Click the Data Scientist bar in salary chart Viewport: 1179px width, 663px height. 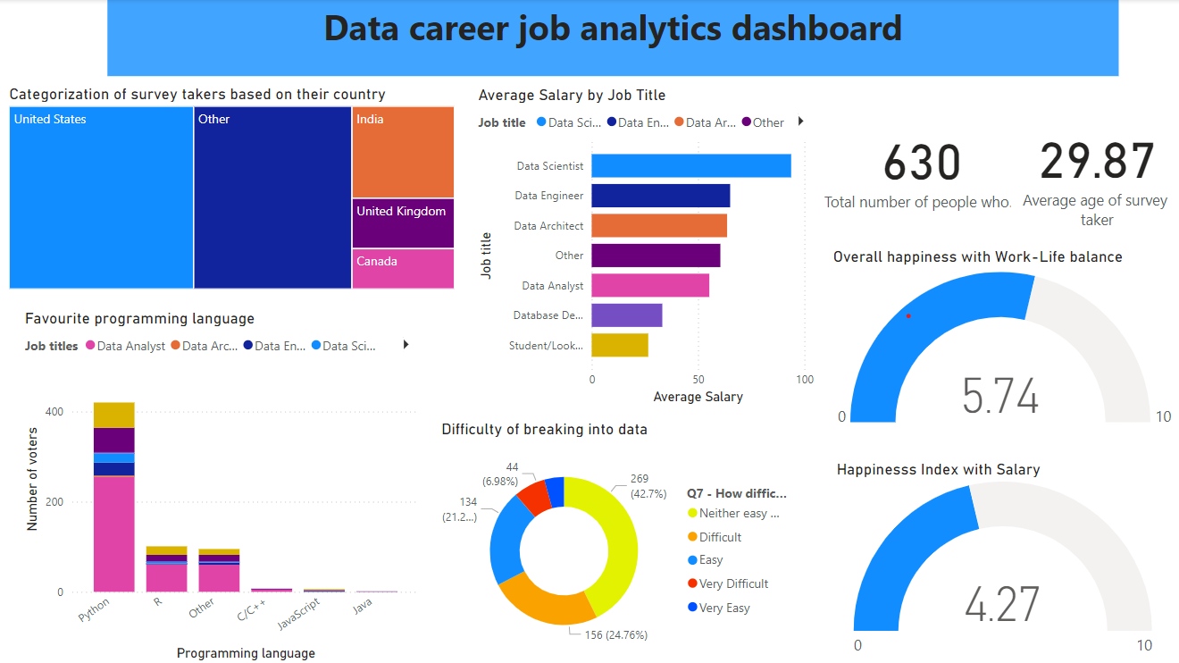pos(690,166)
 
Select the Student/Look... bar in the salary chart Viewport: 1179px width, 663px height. pos(620,345)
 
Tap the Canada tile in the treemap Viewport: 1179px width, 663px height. pos(403,269)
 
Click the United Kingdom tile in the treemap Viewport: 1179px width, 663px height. pos(403,223)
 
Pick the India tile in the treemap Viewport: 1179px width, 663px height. pos(403,152)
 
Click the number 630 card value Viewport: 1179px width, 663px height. pos(921,164)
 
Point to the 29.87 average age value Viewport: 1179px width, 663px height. pos(1097,162)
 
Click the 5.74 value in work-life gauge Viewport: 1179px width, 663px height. pos(1000,396)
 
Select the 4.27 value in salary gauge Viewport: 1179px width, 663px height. pos(1002,604)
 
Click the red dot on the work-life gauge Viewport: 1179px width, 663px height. pos(908,315)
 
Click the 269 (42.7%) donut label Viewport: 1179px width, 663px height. pos(639,487)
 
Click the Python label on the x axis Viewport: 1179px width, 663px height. pos(95,609)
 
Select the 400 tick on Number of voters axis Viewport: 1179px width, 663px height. pos(54,412)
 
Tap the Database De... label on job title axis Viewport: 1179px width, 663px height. pos(548,315)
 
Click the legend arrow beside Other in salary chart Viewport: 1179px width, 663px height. pos(800,122)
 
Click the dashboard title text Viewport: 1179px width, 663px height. pos(613,29)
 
